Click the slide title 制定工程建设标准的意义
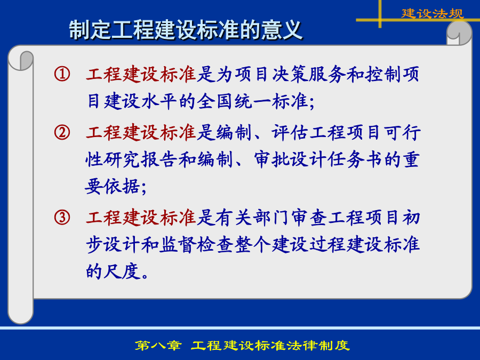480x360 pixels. click(186, 30)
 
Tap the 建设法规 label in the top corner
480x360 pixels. click(432, 13)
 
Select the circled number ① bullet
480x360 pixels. click(62, 74)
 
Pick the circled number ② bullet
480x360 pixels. click(62, 133)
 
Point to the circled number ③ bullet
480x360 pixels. click(62, 218)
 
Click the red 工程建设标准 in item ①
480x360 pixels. click(141, 74)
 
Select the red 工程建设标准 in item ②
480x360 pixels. click(141, 133)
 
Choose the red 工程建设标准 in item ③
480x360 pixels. click(141, 218)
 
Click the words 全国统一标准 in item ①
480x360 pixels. click(252, 101)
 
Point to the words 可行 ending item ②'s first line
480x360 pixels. click(402, 133)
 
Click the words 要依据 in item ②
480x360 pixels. click(113, 186)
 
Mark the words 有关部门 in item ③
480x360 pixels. click(252, 218)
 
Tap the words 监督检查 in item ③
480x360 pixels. click(196, 244)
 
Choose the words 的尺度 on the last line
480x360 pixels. click(113, 271)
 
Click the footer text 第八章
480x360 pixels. click(158, 346)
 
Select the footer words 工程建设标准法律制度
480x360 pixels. click(270, 346)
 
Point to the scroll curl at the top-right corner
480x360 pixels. click(459, 33)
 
